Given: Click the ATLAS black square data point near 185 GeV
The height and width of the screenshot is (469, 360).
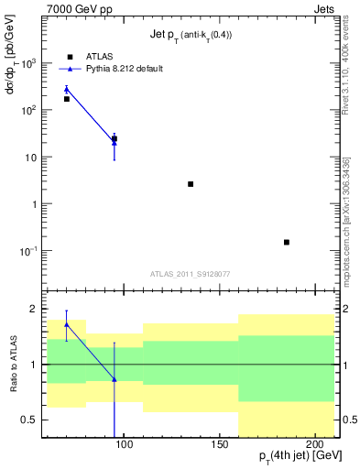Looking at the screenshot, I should pyautogui.click(x=287, y=242).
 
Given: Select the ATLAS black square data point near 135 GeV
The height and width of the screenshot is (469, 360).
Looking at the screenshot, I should pyautogui.click(x=191, y=184).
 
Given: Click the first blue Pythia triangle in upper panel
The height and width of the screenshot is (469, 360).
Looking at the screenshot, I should pyautogui.click(x=67, y=89).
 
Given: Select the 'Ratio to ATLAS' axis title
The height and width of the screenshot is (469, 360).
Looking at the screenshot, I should pyautogui.click(x=12, y=364).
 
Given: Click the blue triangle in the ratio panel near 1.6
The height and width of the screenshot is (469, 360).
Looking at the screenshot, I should pyautogui.click(x=67, y=323).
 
